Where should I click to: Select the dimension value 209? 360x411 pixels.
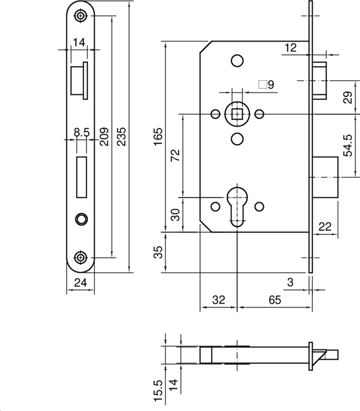point(104,136)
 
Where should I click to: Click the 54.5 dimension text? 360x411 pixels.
point(348,146)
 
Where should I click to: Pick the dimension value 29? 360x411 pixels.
point(348,97)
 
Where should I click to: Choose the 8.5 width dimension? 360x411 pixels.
point(82,133)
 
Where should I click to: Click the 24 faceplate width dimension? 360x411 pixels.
point(81,282)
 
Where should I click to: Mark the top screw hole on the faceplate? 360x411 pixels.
point(81,16)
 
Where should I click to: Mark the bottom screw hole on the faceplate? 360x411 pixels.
point(81,257)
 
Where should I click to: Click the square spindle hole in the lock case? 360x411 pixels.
point(237,114)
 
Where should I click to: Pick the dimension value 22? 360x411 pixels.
point(325,226)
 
